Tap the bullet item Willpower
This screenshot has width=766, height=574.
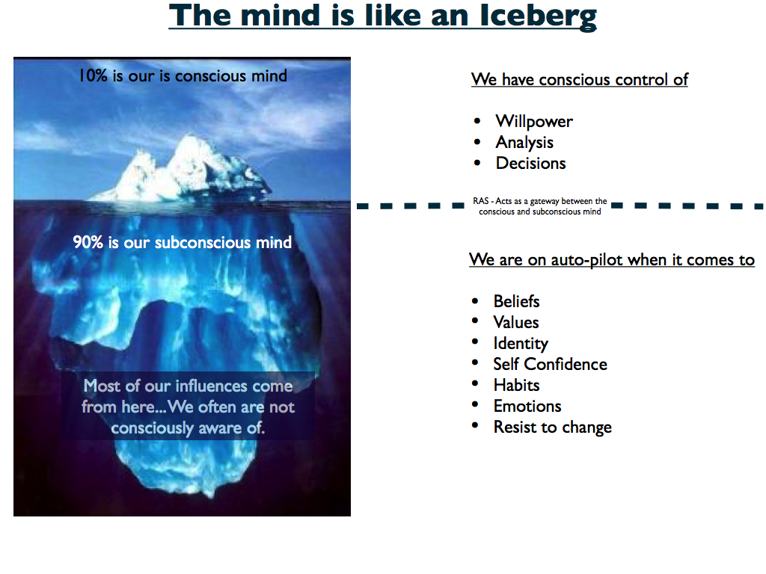coord(533,122)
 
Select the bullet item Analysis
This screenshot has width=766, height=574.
coord(524,143)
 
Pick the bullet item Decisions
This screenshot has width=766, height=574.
coord(530,164)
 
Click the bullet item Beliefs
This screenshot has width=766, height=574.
coord(516,302)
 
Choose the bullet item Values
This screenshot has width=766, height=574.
coord(515,323)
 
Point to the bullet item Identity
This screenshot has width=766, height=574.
coord(520,344)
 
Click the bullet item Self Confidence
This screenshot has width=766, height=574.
coord(550,365)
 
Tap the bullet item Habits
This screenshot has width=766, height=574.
coord(516,386)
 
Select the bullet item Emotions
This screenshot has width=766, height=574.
coord(527,407)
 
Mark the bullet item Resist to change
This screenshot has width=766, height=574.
coord(552,428)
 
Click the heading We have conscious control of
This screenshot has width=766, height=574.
coord(579,80)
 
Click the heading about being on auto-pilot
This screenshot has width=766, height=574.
coord(611,260)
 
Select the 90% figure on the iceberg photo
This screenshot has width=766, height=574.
coord(88,242)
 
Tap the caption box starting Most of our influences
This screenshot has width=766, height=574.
coord(188,407)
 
